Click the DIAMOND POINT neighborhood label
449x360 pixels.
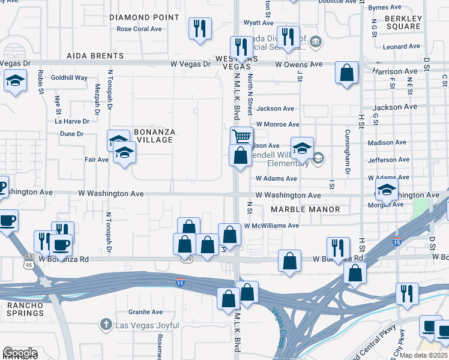pos(145,17)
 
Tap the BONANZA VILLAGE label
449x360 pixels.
pos(145,136)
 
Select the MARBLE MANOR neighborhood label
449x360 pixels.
pos(305,209)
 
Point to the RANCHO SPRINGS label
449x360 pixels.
pos(26,309)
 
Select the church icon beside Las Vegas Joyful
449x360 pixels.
pos(106,325)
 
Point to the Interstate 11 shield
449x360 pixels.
pos(180,283)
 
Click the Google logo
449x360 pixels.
pos(19,353)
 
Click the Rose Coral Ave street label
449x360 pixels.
pos(139,29)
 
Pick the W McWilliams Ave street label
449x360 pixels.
pos(271,226)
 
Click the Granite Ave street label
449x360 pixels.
pos(145,312)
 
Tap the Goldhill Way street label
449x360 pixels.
pos(69,78)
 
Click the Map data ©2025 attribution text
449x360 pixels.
pos(424,355)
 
